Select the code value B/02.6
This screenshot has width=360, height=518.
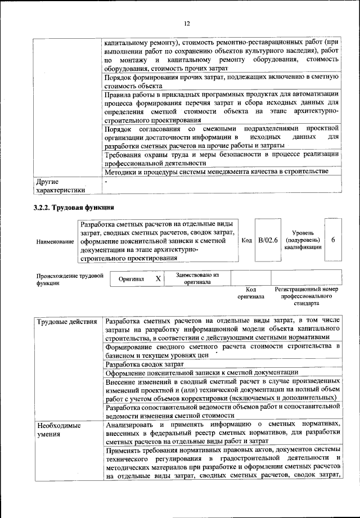(268, 240)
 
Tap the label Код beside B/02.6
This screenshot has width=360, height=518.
(246, 240)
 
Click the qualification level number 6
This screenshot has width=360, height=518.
(334, 240)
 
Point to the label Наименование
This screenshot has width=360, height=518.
(56, 241)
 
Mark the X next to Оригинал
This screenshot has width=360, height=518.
(158, 278)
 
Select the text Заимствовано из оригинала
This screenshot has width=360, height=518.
(197, 278)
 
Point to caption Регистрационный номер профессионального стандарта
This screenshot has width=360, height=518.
(306, 295)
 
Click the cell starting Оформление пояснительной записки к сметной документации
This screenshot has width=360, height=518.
(202, 373)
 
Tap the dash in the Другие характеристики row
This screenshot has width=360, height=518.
(106, 182)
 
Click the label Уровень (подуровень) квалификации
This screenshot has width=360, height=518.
(303, 240)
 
